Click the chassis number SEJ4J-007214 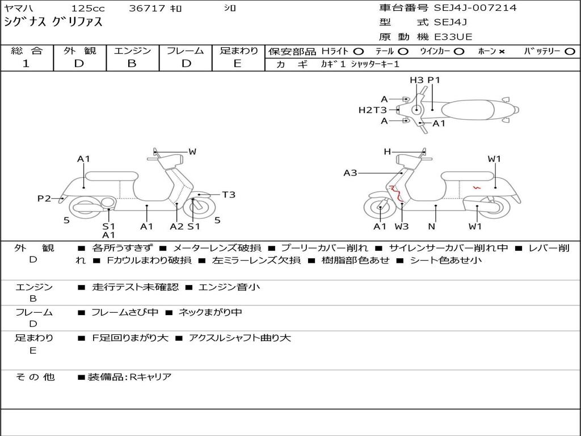[475, 8]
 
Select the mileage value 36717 [147, 9]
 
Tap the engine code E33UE [453, 37]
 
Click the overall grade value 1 [26, 64]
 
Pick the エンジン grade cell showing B [132, 64]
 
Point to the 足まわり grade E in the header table [238, 64]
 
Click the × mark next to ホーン [502, 51]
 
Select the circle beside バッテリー [570, 51]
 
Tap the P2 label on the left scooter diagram [44, 198]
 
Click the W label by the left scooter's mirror [192, 152]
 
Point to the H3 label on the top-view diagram [417, 80]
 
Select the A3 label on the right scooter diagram [350, 173]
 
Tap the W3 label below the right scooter [402, 226]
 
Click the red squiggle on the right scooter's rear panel [477, 187]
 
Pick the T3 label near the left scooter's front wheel [228, 195]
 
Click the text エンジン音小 [229, 287]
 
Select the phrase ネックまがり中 [210, 312]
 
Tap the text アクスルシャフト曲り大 [240, 338]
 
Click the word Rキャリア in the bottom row [150, 377]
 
